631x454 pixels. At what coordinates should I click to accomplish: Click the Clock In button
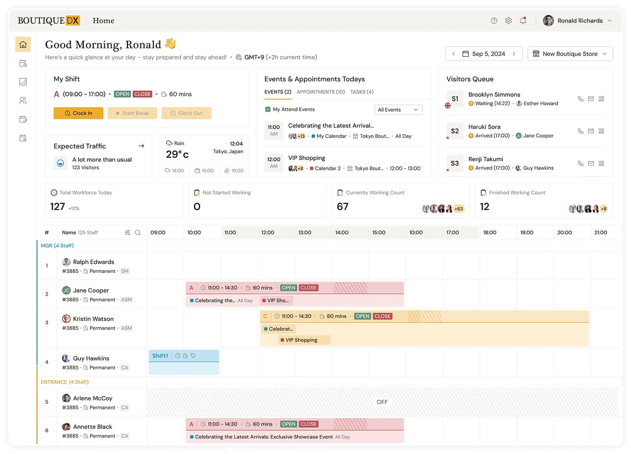click(x=78, y=113)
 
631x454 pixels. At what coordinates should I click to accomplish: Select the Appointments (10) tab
click(x=321, y=92)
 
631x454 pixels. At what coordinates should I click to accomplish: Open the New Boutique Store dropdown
click(x=570, y=54)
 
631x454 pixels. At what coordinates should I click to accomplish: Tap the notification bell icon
click(x=523, y=21)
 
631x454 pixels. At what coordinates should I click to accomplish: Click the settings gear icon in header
click(x=509, y=21)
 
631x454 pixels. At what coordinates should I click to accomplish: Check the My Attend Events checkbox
click(x=268, y=109)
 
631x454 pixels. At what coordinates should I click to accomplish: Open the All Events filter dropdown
click(x=398, y=109)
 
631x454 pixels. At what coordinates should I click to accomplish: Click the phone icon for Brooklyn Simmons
click(x=580, y=99)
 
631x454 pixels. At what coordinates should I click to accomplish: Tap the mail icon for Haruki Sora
click(x=591, y=131)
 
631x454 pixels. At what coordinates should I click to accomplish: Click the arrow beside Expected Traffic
click(x=141, y=146)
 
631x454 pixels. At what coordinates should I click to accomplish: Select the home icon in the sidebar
click(x=23, y=44)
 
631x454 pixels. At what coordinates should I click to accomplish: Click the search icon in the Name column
click(x=138, y=233)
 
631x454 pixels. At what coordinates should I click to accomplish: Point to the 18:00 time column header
click(x=490, y=233)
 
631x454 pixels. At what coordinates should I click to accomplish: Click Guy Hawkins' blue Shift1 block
click(x=184, y=362)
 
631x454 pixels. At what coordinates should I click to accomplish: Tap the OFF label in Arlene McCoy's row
click(x=382, y=402)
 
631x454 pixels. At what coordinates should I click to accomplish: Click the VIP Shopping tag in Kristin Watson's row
click(x=304, y=340)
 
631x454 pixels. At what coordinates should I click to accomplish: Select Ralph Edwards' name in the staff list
click(x=93, y=262)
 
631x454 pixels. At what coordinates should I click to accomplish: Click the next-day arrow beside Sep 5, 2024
click(x=514, y=54)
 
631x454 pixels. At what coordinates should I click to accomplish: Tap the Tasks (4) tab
click(x=362, y=92)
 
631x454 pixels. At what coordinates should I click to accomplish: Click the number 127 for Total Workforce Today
click(x=57, y=206)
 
